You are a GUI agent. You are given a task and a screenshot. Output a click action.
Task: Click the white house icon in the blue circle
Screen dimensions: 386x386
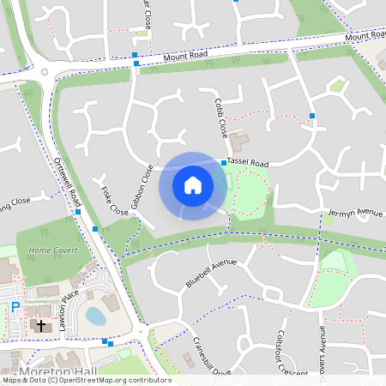coord(193,184)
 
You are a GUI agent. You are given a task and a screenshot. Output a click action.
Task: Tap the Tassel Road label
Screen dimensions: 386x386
coord(248,163)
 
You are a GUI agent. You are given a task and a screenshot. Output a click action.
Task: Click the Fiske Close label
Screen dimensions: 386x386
coord(114,201)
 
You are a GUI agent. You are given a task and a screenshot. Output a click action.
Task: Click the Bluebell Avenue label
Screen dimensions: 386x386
coord(210,272)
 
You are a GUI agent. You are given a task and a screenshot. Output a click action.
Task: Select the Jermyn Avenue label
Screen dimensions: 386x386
coord(354,212)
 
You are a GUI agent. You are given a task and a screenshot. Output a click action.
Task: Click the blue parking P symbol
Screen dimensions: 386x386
coord(15,306)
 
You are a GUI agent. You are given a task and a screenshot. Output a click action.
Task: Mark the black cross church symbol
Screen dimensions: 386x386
coord(39,326)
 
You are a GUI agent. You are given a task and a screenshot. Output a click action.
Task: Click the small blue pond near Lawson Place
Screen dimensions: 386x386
coord(95,316)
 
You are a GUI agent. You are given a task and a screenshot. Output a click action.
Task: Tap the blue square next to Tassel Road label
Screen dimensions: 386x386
coord(224,162)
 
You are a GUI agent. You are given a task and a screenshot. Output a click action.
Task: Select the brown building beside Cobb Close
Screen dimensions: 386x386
coord(238,139)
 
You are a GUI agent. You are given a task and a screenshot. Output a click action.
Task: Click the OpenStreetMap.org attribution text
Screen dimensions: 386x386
coord(125,380)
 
